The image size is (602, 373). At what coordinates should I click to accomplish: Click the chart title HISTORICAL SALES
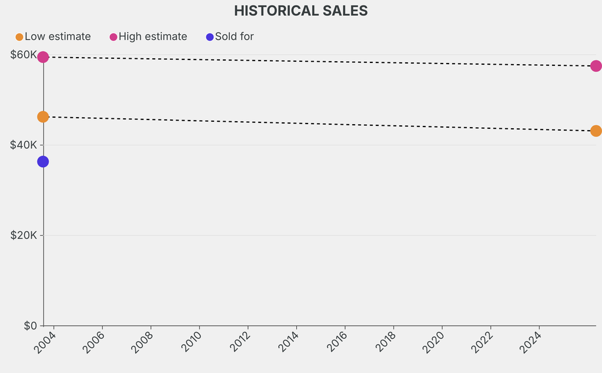point(300,11)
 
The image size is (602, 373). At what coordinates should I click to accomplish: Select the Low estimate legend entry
point(58,36)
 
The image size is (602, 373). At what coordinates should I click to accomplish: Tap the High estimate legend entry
point(153,36)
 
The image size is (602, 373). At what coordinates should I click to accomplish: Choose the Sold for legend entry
point(234,36)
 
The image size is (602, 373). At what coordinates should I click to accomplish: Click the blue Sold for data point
point(43,162)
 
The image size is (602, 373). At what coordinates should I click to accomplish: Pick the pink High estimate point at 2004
point(43,57)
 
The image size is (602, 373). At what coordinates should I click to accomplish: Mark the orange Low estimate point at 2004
point(43,116)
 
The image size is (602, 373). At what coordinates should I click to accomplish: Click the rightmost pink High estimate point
point(596,66)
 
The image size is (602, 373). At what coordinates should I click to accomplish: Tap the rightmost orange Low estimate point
point(596,131)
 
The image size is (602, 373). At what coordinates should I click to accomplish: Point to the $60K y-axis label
point(24,55)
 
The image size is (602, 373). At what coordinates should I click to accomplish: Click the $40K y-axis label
point(24,145)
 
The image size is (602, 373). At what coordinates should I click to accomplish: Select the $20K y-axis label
point(24,235)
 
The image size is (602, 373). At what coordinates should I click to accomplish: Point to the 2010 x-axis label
point(190,342)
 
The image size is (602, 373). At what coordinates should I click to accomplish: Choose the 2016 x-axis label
point(336,342)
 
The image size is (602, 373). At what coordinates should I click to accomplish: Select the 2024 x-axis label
point(530,342)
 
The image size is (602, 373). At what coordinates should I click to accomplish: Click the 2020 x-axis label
point(433,342)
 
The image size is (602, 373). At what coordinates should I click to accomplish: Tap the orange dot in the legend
point(19,37)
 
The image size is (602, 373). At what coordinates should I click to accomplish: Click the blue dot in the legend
point(210,37)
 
